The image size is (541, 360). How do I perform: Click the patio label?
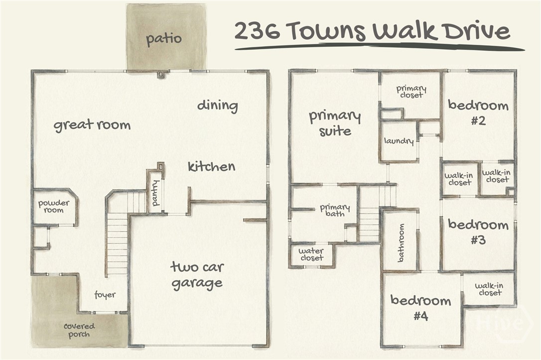[163, 39]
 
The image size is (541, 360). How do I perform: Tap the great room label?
[92, 125]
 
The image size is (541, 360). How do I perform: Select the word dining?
[218, 106]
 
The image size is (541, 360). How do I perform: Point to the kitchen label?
[212, 167]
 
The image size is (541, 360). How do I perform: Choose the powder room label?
[54, 207]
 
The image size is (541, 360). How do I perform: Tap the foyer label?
[105, 295]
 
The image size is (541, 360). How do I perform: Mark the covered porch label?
[79, 330]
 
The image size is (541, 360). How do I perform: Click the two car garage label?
[197, 275]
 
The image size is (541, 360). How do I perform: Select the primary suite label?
[335, 123]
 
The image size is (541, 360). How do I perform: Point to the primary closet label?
[411, 92]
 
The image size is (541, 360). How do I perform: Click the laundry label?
[399, 141]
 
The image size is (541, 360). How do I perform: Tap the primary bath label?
[335, 210]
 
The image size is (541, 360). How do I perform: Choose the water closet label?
[311, 254]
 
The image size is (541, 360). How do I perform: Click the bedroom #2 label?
[478, 113]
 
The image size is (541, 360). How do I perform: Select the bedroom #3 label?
[478, 232]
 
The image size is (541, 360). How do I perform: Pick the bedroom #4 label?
[421, 308]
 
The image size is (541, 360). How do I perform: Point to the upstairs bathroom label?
[401, 243]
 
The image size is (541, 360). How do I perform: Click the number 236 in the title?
[258, 30]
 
